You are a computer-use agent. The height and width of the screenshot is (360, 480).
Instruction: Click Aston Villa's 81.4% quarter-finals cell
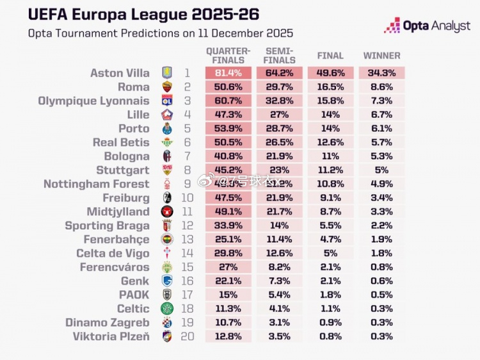click(x=228, y=73)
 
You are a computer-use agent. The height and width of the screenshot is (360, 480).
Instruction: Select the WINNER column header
click(x=381, y=56)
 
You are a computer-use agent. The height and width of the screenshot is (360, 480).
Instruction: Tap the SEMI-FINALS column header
click(x=279, y=56)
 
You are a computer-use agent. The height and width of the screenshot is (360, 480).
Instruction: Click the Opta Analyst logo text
click(x=435, y=26)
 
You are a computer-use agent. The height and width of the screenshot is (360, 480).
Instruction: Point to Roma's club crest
click(x=166, y=87)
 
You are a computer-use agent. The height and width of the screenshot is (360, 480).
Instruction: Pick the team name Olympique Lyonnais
click(x=93, y=101)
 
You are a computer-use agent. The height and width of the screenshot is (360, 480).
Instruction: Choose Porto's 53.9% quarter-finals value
click(x=228, y=129)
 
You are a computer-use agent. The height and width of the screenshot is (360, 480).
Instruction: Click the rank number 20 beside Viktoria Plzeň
click(x=187, y=336)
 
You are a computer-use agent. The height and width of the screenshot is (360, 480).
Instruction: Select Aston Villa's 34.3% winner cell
click(x=381, y=73)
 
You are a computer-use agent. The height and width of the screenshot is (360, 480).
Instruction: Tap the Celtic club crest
click(x=166, y=308)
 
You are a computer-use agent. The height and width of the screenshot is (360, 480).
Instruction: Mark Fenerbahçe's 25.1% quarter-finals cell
click(x=228, y=240)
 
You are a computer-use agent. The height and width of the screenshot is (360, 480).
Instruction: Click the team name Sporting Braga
click(x=107, y=225)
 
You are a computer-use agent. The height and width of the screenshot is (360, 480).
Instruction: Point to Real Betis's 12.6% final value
click(x=330, y=142)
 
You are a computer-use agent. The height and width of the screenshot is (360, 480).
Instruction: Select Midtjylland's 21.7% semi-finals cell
click(x=279, y=211)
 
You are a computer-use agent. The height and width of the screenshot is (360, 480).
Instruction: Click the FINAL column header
click(x=330, y=56)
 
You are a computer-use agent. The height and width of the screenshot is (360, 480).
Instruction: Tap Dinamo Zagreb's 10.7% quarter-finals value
click(x=228, y=322)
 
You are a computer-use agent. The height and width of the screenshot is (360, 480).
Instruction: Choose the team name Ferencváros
click(x=115, y=267)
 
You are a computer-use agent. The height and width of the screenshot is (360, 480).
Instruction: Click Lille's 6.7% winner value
click(x=381, y=115)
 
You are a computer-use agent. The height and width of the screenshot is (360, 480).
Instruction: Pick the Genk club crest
click(x=166, y=281)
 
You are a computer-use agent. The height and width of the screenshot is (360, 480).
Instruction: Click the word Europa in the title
click(x=93, y=13)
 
